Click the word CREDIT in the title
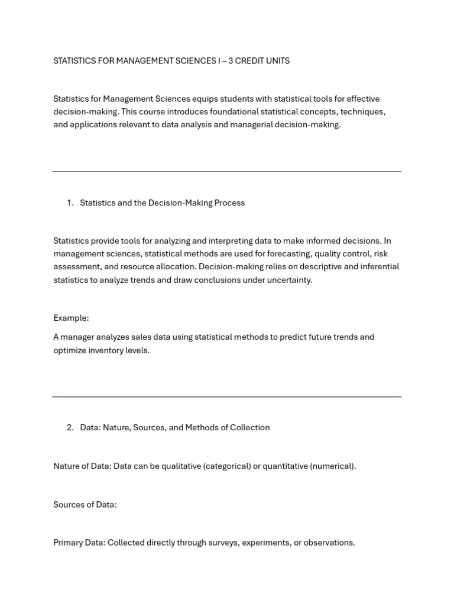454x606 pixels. [247, 61]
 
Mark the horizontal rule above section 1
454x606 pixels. [227, 172]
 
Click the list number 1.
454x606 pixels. [70, 203]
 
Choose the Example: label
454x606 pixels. [71, 318]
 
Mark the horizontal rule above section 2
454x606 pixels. [227, 397]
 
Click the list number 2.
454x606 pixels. [70, 428]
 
